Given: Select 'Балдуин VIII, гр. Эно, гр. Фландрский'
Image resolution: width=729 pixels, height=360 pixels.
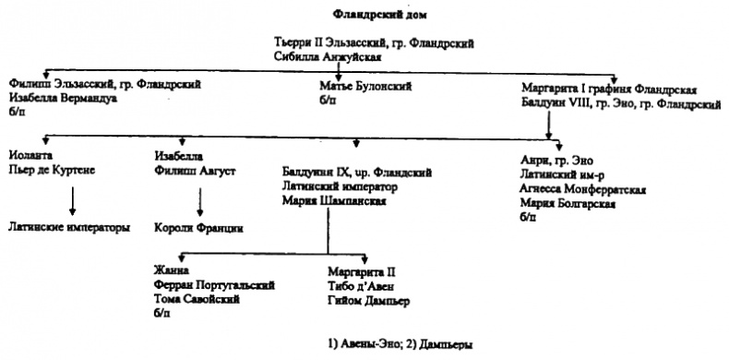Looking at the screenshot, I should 620,104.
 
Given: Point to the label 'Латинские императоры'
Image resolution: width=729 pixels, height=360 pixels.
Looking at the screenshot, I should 70,226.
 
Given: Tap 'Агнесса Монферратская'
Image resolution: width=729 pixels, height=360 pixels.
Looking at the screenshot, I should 582,190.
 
